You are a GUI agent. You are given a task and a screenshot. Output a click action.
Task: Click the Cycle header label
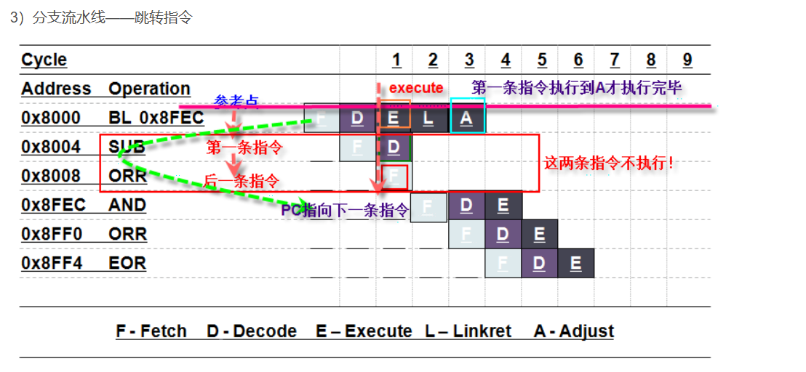tap(44, 60)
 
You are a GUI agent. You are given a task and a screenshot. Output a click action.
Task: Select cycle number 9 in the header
tap(687, 60)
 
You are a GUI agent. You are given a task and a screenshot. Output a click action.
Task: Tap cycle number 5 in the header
tap(542, 60)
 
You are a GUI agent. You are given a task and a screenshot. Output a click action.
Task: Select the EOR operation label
tap(127, 263)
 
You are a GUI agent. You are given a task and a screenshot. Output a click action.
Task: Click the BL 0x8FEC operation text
tap(156, 118)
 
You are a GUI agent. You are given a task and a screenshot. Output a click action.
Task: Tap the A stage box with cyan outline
tap(467, 118)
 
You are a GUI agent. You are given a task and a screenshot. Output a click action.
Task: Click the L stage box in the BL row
tap(430, 118)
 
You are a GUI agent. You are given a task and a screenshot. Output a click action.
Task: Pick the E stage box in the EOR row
tap(575, 263)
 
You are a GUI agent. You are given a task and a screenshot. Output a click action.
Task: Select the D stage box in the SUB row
tap(394, 147)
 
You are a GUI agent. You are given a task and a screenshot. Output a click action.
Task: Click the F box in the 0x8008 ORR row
tap(394, 177)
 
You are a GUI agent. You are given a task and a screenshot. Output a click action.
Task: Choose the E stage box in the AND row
tap(503, 206)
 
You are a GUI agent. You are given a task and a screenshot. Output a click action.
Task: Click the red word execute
tap(416, 88)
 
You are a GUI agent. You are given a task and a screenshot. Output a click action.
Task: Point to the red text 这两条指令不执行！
tap(609, 163)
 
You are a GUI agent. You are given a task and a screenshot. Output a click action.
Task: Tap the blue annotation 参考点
tap(236, 101)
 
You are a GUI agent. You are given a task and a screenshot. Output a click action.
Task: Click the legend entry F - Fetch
tap(151, 331)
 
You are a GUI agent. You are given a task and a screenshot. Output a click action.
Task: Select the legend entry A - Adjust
tap(574, 331)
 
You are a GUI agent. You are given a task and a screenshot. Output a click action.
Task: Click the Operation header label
tap(149, 89)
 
